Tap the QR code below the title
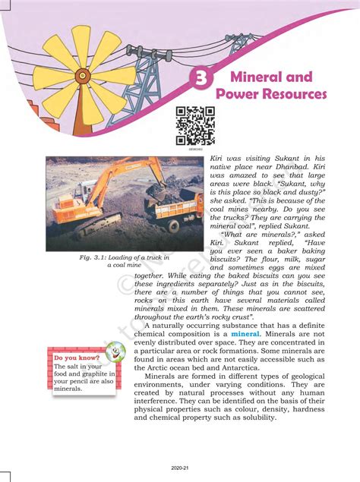(x=195, y=125)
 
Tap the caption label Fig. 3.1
(x=92, y=257)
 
